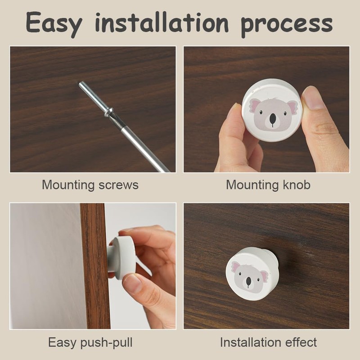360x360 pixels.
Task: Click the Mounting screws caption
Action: coord(90,184)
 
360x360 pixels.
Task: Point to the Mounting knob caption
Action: coord(268,184)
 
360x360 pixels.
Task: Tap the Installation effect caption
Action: coord(268,342)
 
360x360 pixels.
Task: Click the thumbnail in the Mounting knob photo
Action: coord(313,99)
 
